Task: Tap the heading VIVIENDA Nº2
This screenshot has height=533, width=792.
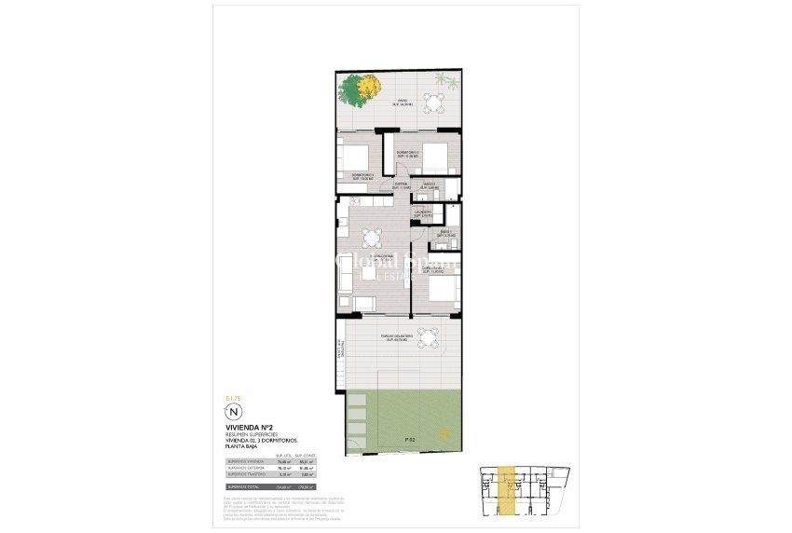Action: pos(243,428)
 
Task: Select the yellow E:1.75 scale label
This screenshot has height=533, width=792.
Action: pos(233,398)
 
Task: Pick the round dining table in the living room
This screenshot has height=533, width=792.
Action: pos(372,238)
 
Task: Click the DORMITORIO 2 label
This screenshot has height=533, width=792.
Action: pos(407,153)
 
